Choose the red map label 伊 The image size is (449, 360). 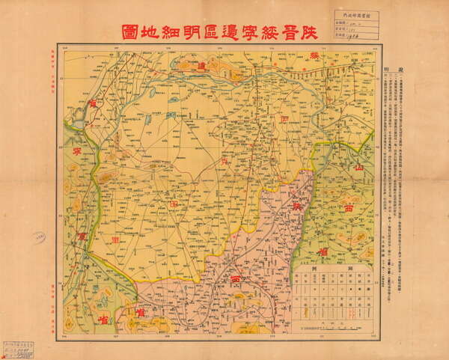(284, 118)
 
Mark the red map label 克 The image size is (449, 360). (222, 161)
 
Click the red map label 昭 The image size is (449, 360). (174, 203)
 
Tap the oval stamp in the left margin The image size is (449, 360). (39, 237)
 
